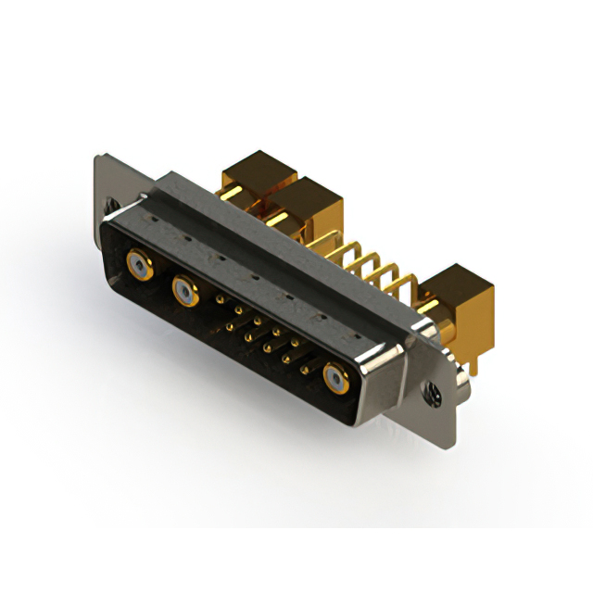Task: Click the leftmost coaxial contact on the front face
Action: tap(138, 265)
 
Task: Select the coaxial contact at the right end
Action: tap(335, 378)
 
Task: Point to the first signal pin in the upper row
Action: tap(219, 300)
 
